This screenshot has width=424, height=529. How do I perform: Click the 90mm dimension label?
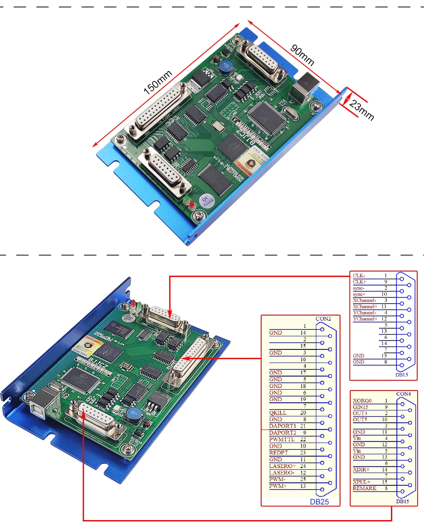(x=302, y=55)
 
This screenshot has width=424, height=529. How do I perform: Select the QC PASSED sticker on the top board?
(x=207, y=201)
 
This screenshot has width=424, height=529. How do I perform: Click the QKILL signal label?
(x=278, y=413)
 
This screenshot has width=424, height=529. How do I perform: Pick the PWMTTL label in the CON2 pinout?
(x=282, y=439)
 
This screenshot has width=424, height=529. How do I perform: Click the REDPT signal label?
(x=279, y=453)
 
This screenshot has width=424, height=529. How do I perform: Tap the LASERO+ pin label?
(x=282, y=466)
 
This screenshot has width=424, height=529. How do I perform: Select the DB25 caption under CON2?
(x=319, y=502)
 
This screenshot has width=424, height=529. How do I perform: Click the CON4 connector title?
(x=403, y=394)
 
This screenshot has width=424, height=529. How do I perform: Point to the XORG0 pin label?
(x=362, y=401)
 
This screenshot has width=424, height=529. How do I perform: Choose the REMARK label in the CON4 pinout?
(x=364, y=488)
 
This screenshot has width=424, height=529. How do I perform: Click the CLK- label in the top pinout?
(x=359, y=276)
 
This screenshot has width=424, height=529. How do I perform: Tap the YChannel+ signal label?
(x=365, y=319)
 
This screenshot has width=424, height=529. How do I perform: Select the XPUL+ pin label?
(x=361, y=482)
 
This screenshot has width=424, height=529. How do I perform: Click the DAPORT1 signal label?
(x=282, y=426)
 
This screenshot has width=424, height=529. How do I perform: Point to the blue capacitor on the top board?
(x=225, y=67)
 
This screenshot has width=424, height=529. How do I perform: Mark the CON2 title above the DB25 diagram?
(x=323, y=319)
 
